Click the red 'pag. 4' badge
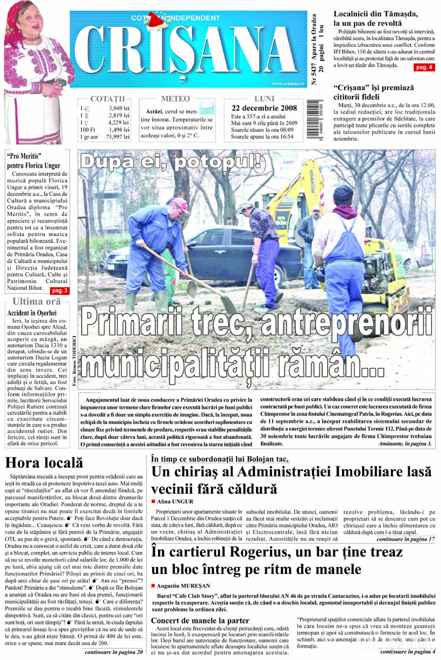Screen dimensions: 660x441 [424, 67]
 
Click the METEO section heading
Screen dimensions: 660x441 [175, 99]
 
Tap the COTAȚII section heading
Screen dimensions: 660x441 [108, 99]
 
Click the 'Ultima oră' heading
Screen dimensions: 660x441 [37, 301]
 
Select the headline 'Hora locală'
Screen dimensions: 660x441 [44, 462]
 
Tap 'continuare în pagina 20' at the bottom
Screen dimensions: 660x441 [114, 652]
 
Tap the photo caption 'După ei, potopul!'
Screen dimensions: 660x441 [171, 160]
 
